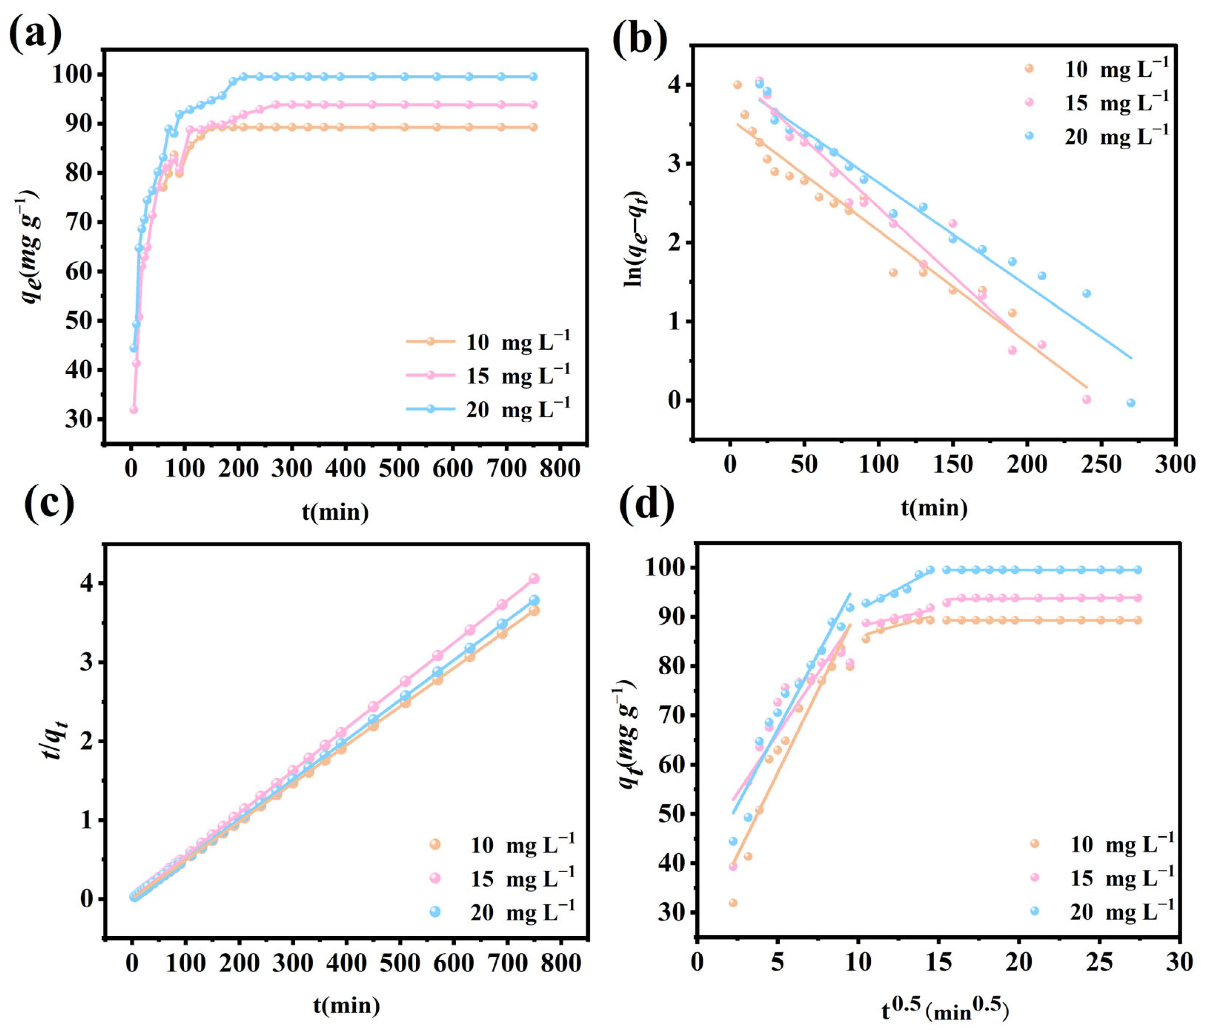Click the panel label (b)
(x=639, y=40)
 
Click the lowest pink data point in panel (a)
(x=134, y=410)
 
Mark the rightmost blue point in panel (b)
(x=1131, y=403)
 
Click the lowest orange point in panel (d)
(x=733, y=903)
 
